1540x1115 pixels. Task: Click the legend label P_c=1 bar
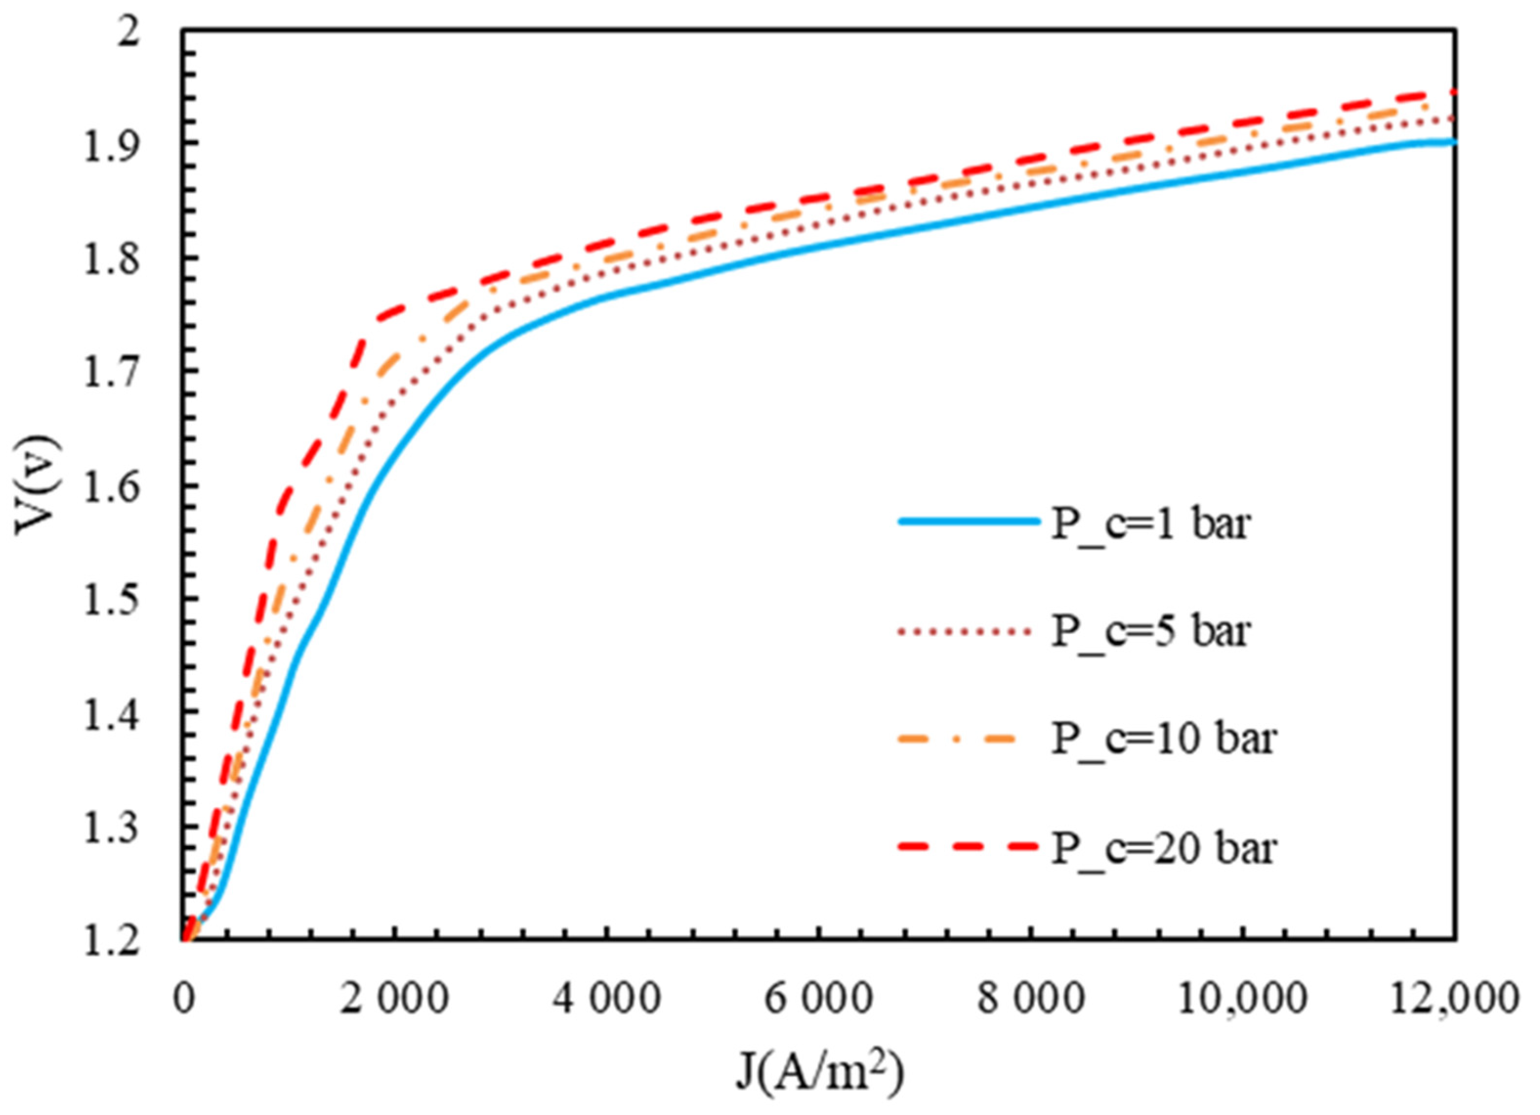point(1150,524)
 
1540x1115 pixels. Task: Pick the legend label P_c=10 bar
point(1164,739)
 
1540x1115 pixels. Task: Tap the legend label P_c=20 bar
point(1164,847)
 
